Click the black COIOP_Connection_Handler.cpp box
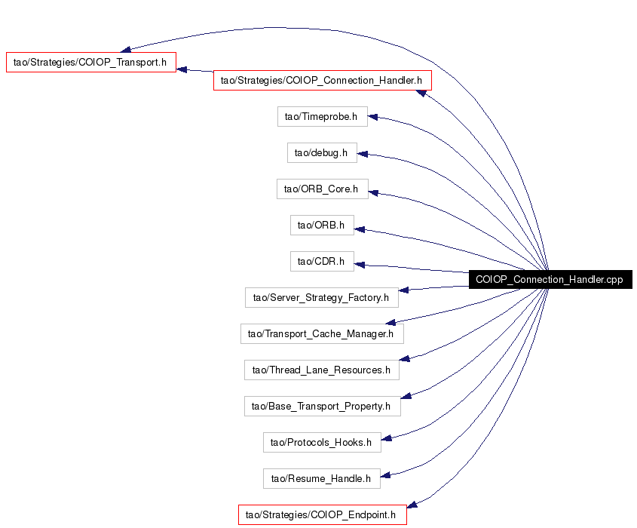coord(550,279)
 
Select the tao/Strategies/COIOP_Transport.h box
coord(91,62)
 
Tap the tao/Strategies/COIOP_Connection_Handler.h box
coord(322,81)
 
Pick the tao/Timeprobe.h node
coord(322,117)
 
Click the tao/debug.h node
coord(322,153)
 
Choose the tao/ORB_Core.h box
coord(322,189)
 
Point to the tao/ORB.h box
coord(322,226)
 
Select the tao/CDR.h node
coord(322,261)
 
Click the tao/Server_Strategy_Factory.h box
coord(321,297)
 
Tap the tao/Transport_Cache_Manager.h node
coord(322,333)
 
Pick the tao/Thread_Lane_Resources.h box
coord(321,370)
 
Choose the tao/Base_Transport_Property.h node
coord(322,406)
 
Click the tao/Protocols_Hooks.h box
coord(322,442)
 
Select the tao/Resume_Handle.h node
coord(321,478)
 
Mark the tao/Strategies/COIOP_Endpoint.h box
coord(322,514)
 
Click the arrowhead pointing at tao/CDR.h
coord(360,265)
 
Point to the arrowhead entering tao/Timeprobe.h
coord(373,117)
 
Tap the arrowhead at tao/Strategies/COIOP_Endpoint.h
coord(412,505)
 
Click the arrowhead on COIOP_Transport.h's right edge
coord(182,69)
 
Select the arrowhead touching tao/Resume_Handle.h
coord(385,475)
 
